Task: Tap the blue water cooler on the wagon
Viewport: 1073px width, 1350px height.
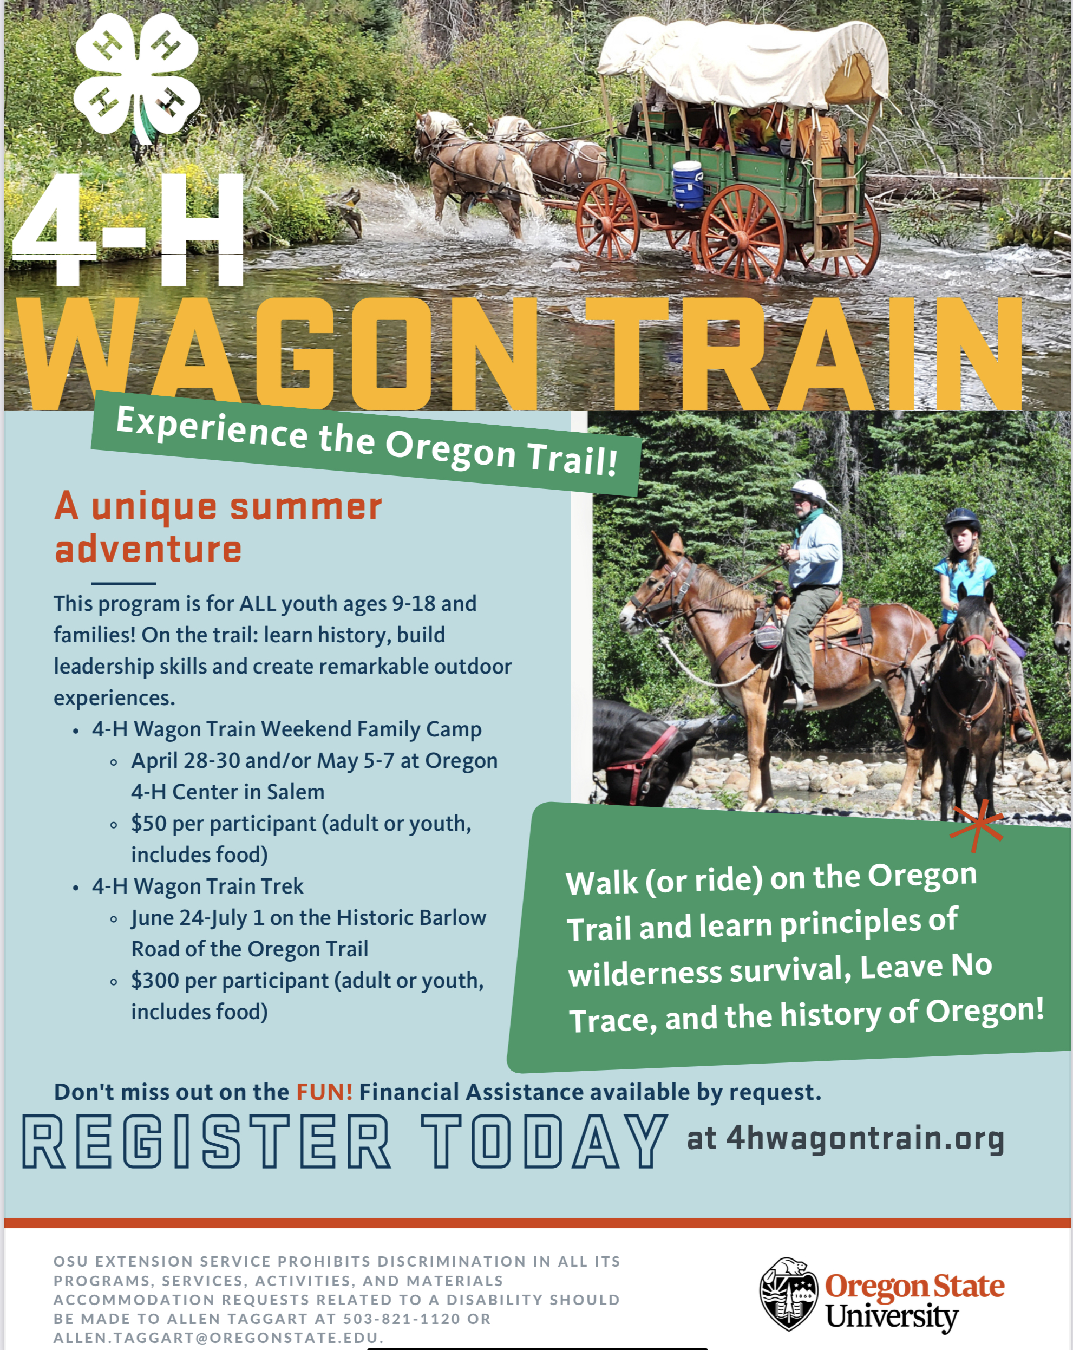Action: [688, 185]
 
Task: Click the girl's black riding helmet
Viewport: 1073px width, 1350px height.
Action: [961, 519]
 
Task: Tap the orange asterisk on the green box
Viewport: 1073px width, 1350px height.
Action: [977, 826]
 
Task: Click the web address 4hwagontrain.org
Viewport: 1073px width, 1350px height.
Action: [865, 1139]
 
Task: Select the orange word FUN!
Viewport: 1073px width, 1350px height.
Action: [324, 1092]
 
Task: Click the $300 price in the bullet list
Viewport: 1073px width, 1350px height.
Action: [155, 981]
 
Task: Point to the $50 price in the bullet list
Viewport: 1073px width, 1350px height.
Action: [148, 824]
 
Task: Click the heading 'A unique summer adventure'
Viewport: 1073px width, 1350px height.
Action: [218, 527]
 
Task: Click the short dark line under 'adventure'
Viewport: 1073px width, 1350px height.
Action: [123, 584]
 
